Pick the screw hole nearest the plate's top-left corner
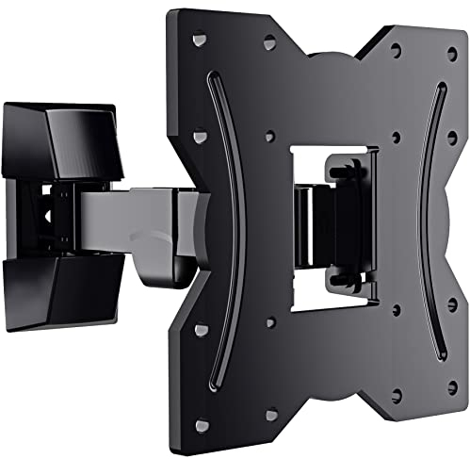click(199, 40)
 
